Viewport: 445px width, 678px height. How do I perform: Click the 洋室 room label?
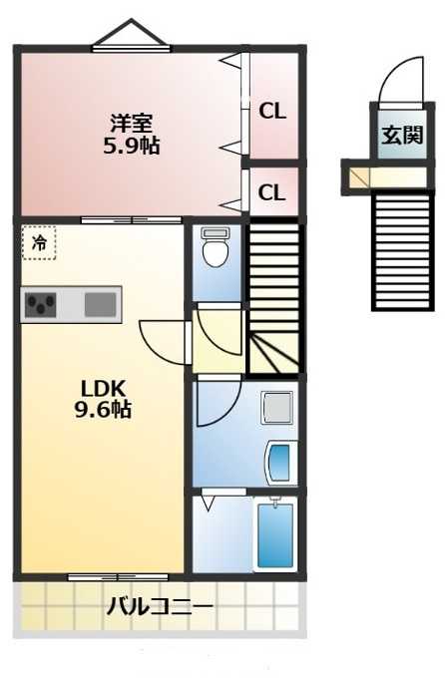tap(131, 124)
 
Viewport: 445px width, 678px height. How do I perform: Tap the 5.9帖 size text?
tap(131, 146)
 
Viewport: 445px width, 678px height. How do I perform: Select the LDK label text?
tap(104, 388)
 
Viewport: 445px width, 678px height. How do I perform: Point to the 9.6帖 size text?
tap(103, 409)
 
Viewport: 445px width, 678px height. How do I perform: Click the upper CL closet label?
tap(272, 111)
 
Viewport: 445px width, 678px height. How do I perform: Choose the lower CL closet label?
tap(271, 192)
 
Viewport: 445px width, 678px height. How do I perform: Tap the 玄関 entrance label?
tap(402, 135)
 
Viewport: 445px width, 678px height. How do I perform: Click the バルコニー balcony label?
tap(160, 607)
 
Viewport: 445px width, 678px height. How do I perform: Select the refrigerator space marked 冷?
tap(39, 242)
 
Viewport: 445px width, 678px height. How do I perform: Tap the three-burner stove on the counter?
tap(40, 305)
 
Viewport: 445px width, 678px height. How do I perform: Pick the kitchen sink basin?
tap(101, 304)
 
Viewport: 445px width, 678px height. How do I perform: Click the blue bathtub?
tap(275, 535)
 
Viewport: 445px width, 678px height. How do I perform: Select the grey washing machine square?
tap(277, 408)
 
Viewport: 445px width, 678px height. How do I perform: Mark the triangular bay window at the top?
tap(131, 33)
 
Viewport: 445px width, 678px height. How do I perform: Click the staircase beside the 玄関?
tap(403, 251)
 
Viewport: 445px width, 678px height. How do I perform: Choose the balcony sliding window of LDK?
tap(118, 577)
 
